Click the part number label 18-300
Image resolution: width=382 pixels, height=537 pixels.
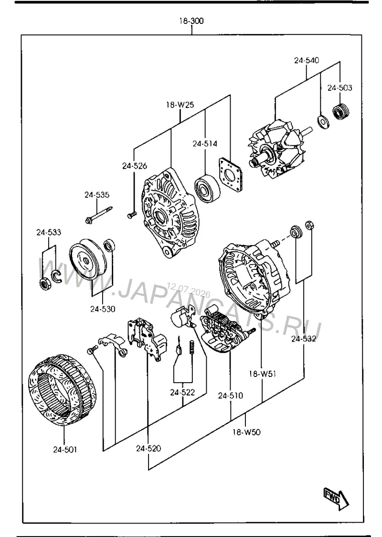191,21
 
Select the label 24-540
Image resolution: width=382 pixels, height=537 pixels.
307,60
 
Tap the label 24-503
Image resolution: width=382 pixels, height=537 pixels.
340,88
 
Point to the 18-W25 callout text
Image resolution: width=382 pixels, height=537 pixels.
180,105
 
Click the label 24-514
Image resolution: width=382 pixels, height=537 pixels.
205,143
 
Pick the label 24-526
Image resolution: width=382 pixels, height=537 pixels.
135,166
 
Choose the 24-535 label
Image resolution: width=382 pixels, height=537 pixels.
97,195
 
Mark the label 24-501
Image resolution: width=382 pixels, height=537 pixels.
64,449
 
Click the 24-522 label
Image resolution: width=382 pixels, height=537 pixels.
182,392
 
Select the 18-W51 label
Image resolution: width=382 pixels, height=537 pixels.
262,374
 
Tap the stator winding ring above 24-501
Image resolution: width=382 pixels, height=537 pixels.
62,390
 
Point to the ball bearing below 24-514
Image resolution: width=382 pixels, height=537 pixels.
207,188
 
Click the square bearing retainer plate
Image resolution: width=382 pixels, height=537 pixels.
230,174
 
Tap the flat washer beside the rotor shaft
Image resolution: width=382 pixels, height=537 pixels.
323,121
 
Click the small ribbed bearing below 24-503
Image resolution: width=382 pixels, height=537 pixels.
341,111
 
